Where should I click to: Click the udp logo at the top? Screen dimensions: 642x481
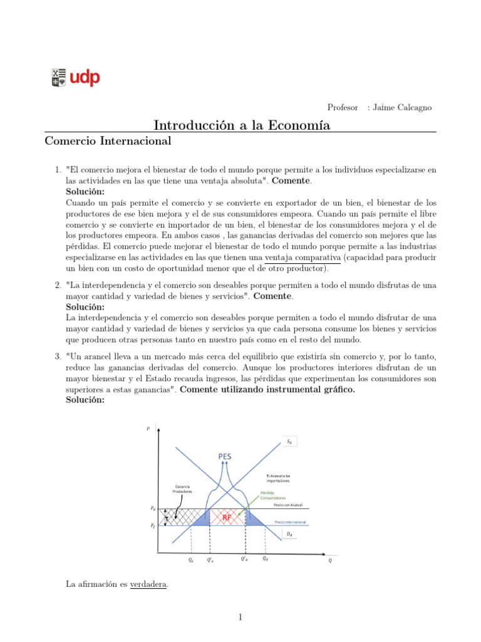click(x=75, y=78)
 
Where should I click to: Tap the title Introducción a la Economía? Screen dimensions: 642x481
click(x=242, y=125)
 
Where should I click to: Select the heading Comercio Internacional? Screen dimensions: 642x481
click(x=108, y=141)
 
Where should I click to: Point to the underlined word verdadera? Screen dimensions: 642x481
click(x=148, y=584)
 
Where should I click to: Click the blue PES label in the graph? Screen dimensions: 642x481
click(x=225, y=456)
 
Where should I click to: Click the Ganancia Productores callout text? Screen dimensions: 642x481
click(x=182, y=489)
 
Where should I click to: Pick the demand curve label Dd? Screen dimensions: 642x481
click(x=290, y=534)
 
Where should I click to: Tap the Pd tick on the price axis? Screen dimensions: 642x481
click(x=153, y=508)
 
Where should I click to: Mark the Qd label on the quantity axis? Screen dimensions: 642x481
click(x=265, y=559)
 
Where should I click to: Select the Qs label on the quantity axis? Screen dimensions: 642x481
click(x=191, y=560)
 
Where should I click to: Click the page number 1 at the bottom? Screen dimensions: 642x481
click(x=240, y=617)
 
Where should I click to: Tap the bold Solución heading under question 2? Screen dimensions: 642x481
click(x=85, y=307)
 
